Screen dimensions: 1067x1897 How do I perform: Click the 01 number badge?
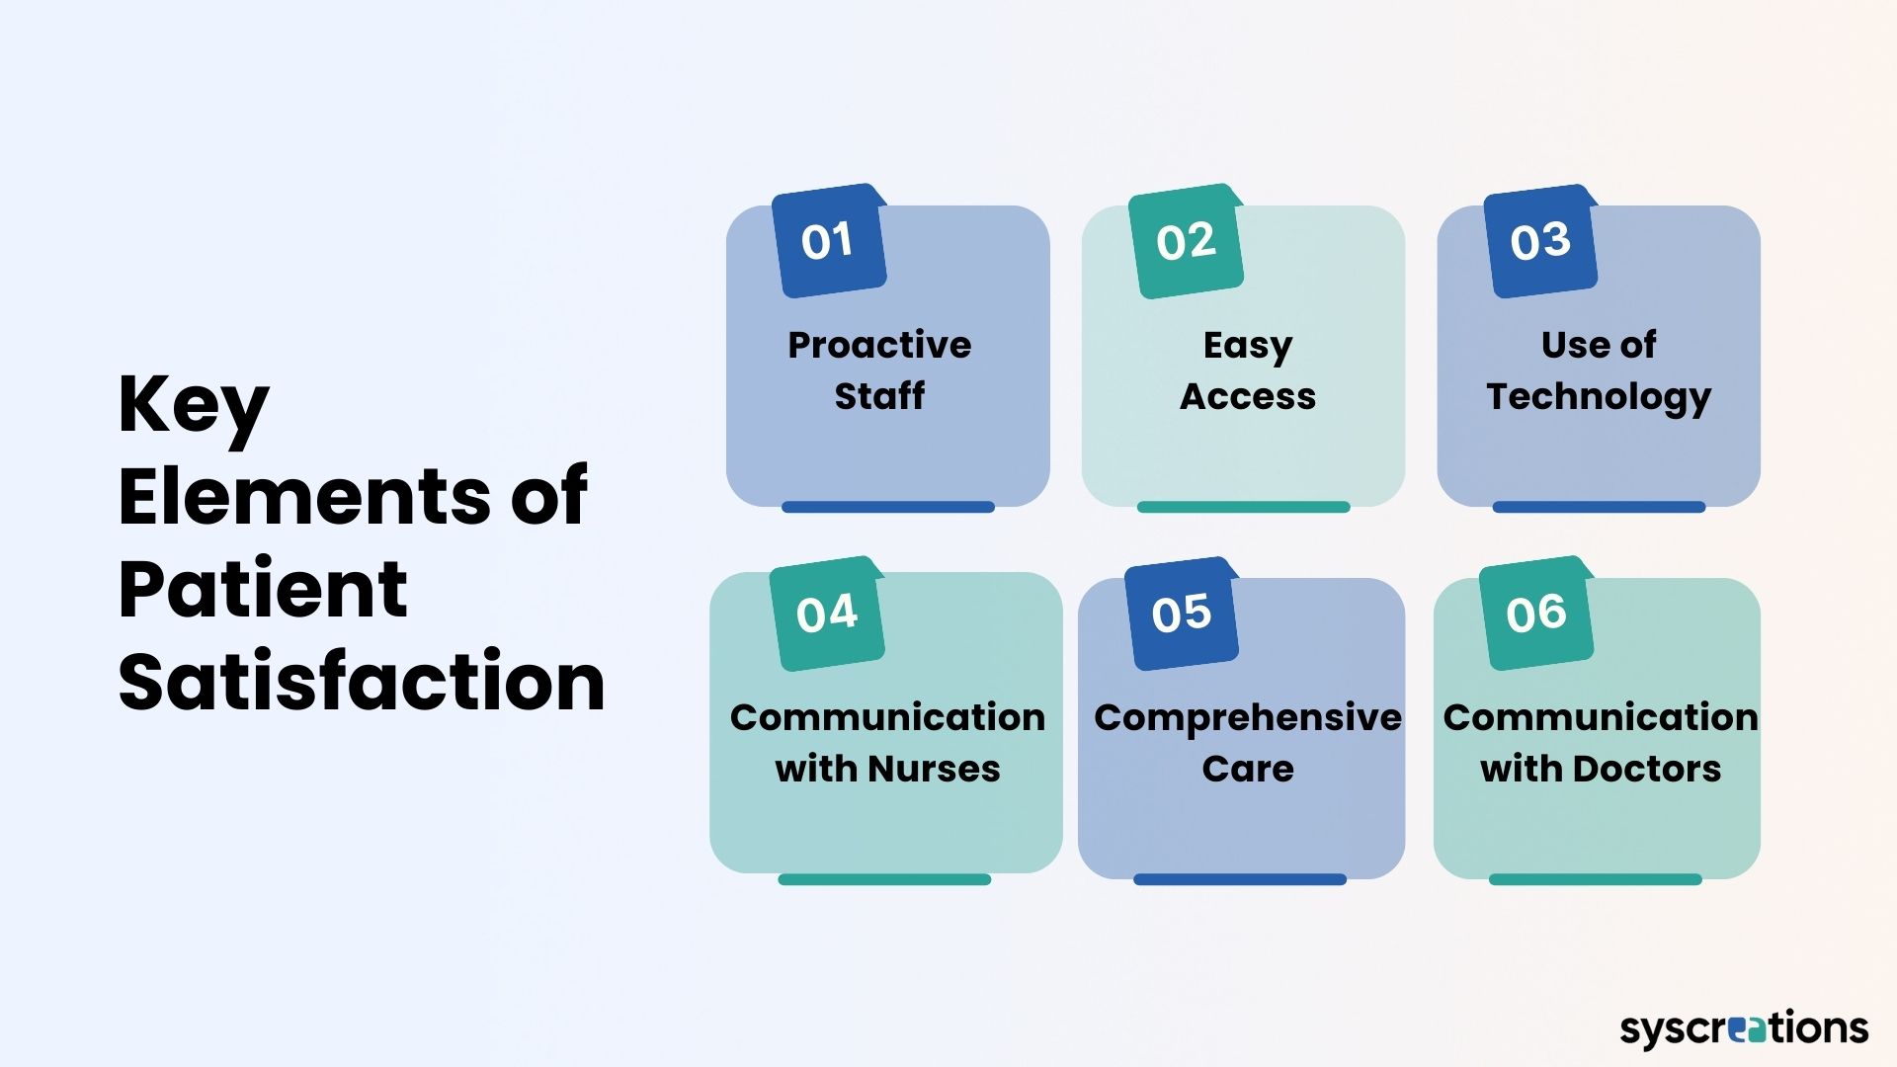coord(828,242)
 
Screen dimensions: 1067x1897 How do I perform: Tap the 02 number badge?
coord(1185,242)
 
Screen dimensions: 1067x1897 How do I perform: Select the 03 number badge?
coord(1540,242)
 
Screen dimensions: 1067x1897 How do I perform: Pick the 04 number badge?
coord(827,615)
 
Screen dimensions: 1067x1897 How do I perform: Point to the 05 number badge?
coord(1182,615)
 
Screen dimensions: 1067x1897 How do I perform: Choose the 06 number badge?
coord(1536,615)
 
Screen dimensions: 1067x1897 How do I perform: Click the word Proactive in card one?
coord(879,345)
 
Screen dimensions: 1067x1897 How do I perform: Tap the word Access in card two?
coord(1248,396)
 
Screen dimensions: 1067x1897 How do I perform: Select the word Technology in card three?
coord(1599,397)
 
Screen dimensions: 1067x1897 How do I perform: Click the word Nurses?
coord(934,769)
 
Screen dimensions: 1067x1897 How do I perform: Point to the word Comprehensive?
coord(1248,718)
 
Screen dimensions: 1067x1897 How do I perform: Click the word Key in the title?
coord(194,406)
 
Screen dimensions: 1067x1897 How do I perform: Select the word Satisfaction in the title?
coord(362,682)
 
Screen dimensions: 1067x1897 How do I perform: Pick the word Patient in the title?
coord(263,589)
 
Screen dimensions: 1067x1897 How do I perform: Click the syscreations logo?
coord(1744,1028)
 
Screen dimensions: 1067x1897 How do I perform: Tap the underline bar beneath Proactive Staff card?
coord(887,507)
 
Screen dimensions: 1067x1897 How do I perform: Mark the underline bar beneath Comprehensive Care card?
coord(1239,879)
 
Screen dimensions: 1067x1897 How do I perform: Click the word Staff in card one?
coord(879,396)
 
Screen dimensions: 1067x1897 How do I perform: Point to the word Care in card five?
coord(1248,769)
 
